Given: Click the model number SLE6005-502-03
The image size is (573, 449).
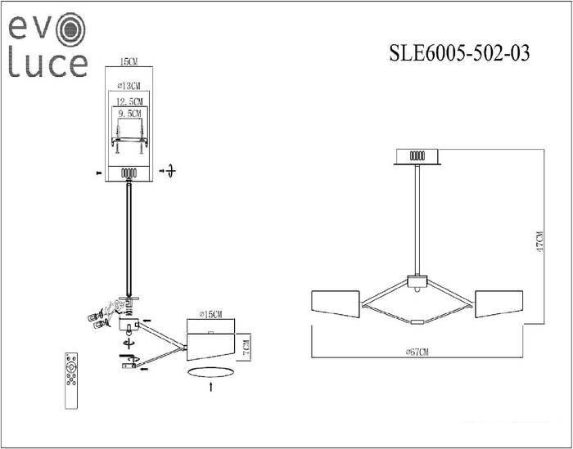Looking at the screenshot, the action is pos(459,53).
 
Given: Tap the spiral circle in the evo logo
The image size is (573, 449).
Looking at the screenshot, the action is pos(72,29).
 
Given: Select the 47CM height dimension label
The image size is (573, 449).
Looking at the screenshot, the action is pos(539,240).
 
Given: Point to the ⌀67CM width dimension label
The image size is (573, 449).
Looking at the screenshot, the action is pos(417,352).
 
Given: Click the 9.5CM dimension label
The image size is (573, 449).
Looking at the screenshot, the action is pos(129,114).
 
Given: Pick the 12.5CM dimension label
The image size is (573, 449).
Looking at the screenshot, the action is pos(129,101).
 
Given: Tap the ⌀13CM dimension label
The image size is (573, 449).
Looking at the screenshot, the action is pos(129,86).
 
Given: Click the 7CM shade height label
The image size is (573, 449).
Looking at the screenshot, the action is pos(246,347).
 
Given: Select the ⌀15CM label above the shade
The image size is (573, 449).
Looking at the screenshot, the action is pos(210,315).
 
